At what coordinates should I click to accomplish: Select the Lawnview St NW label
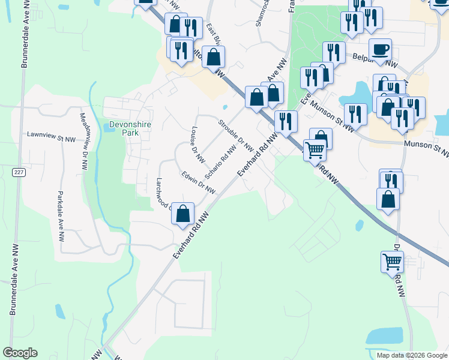(x=51, y=137)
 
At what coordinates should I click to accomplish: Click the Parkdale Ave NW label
(x=61, y=216)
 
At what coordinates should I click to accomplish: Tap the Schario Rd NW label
(x=220, y=161)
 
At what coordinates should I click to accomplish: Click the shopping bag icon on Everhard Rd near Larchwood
(x=184, y=213)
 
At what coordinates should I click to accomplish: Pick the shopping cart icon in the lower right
(x=392, y=262)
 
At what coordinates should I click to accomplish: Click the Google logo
(x=20, y=353)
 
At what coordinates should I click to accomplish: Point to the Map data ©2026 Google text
(x=412, y=355)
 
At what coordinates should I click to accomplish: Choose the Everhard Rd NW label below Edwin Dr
(x=191, y=235)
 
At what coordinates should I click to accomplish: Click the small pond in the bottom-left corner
(x=60, y=311)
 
